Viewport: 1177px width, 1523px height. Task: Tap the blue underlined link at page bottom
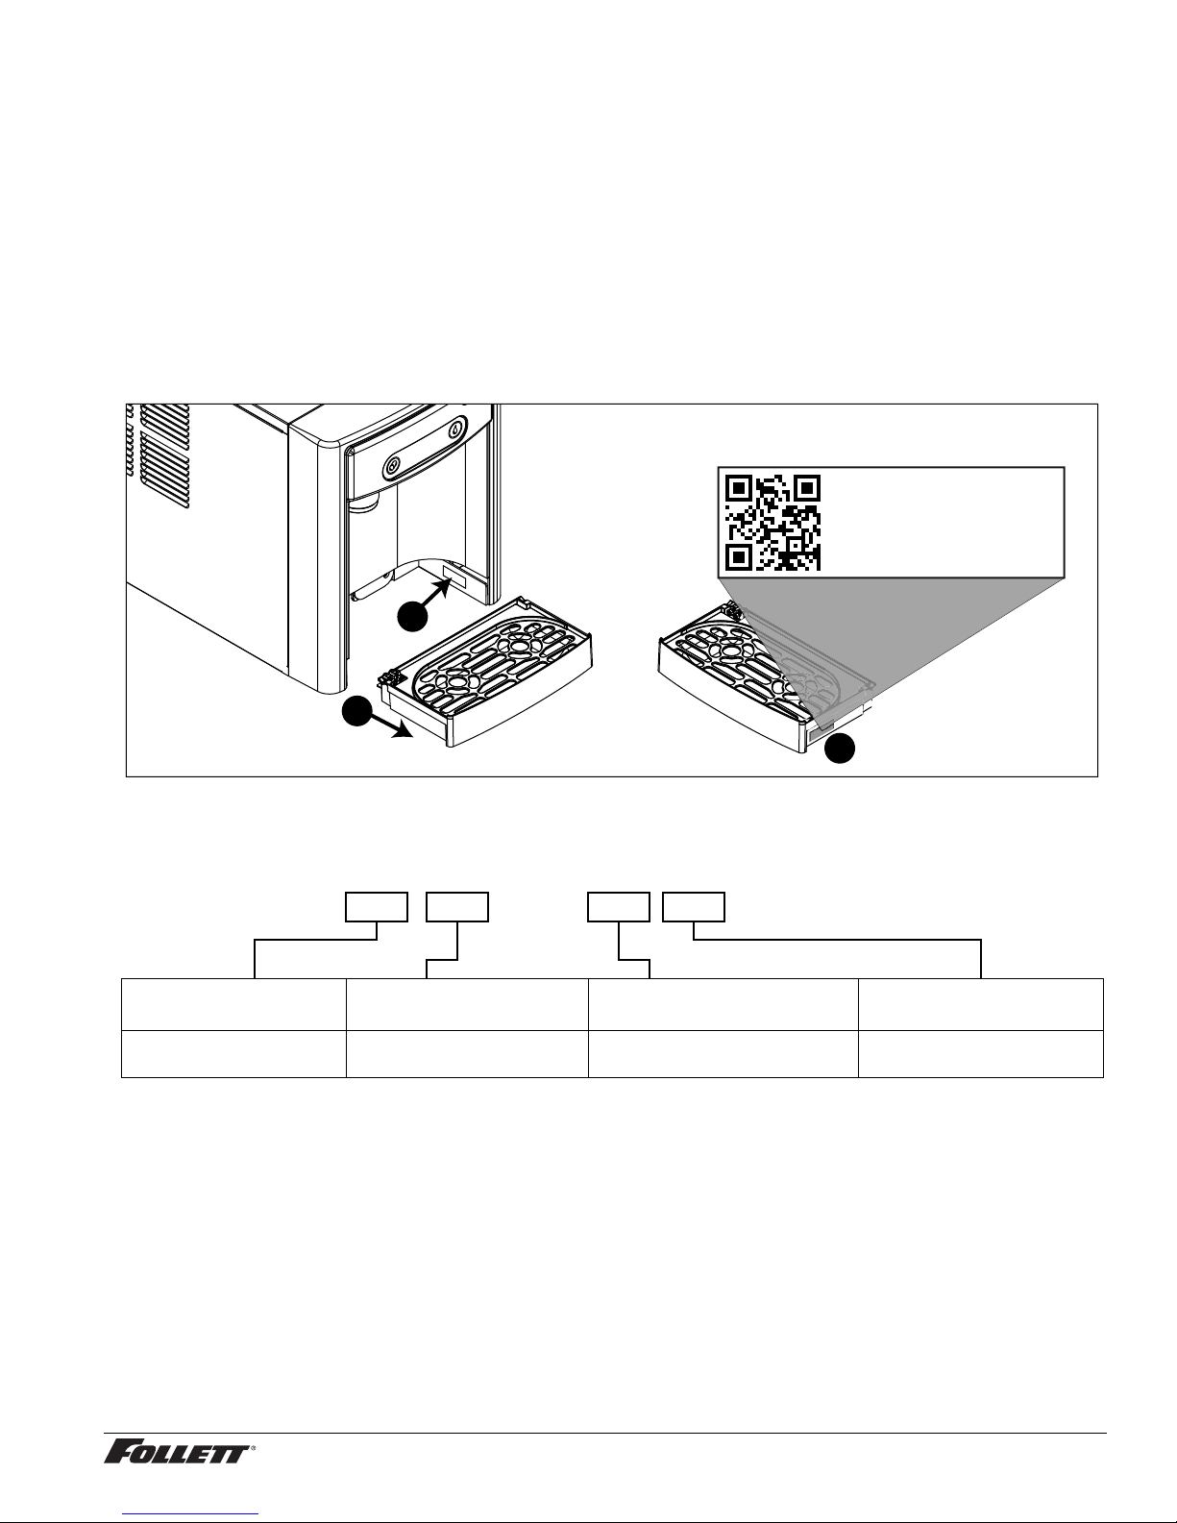coord(190,1513)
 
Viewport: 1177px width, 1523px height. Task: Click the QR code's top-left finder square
coord(739,488)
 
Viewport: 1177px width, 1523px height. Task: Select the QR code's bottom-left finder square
coord(739,556)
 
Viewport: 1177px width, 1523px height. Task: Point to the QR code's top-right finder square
coord(807,488)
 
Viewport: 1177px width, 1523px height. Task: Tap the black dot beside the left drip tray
coord(356,711)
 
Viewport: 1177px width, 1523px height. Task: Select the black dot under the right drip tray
coord(840,748)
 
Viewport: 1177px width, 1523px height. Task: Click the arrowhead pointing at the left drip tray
coord(403,731)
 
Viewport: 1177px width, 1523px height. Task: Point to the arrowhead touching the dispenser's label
coord(442,587)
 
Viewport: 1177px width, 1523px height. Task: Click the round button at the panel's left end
coord(394,464)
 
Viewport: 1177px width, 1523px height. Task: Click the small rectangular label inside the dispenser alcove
coord(454,577)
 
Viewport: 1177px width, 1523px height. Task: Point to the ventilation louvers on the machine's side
coord(164,455)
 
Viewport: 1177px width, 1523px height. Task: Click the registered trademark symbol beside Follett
coord(253,1446)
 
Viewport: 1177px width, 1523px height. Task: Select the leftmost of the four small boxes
coord(377,907)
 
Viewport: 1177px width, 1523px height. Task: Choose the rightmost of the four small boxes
coord(694,907)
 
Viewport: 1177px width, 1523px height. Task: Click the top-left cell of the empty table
coord(233,1004)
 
